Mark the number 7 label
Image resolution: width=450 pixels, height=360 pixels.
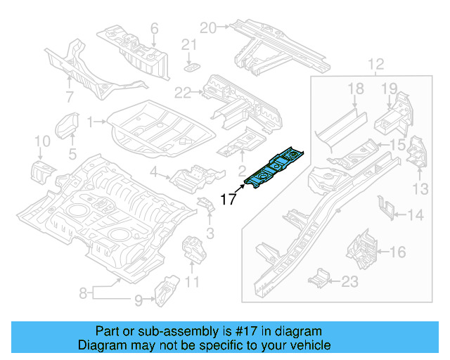70,96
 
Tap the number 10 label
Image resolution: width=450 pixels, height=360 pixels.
42,143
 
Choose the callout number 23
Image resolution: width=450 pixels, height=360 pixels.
349,282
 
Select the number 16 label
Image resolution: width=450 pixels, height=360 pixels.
397,251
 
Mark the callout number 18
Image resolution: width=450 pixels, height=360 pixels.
356,88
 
